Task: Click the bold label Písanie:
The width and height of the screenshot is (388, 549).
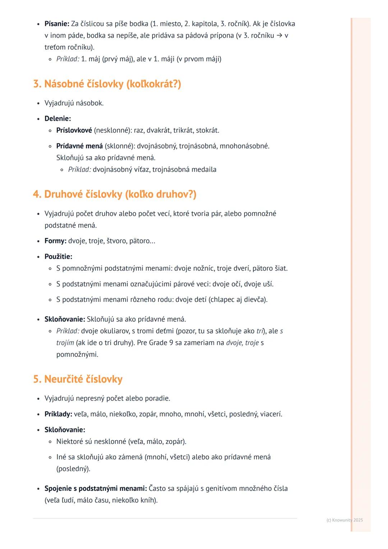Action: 57,24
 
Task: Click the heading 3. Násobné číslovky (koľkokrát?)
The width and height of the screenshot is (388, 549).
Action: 107,84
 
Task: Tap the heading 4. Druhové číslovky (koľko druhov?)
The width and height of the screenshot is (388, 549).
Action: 115,194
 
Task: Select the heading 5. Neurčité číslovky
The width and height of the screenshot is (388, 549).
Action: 78,379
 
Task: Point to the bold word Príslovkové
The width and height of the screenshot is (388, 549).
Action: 74,130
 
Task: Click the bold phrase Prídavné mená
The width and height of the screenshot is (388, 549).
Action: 79,146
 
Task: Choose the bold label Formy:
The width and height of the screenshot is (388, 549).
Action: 55,241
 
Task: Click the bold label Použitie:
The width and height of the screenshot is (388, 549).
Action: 58,257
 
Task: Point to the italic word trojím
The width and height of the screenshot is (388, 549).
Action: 65,343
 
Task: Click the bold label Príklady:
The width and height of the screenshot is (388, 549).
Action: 58,414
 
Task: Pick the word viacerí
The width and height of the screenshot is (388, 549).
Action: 271,414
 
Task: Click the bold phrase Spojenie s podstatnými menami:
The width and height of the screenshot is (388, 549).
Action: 96,489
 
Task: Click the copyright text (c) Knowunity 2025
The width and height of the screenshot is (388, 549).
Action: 345,520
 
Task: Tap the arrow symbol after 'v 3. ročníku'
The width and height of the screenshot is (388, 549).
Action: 279,36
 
